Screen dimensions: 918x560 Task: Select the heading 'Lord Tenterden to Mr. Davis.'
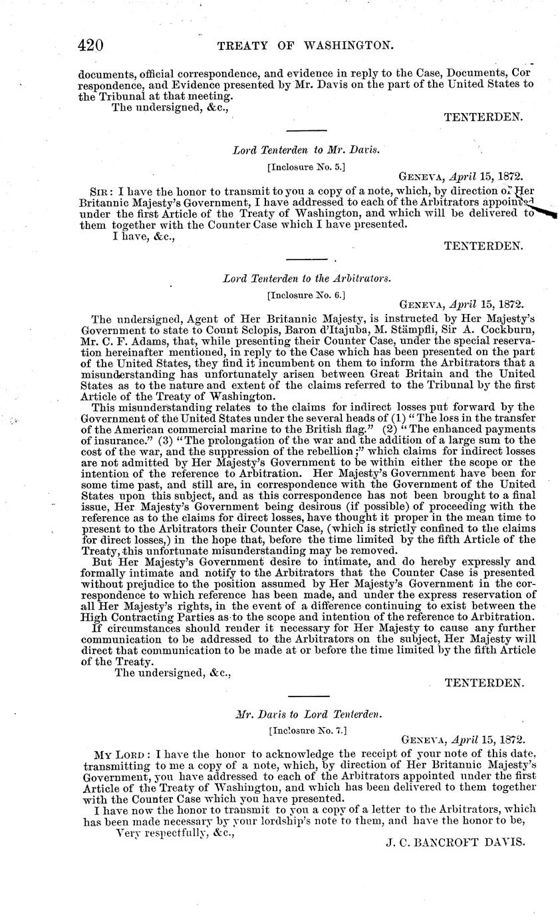coord(306,150)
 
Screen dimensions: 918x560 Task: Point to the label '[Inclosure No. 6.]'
coord(306,293)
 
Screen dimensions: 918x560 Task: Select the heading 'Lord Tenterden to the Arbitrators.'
coord(306,279)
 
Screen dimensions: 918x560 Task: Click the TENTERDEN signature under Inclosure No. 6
coord(484,683)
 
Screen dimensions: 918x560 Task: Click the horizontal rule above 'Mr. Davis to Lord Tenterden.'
coord(306,696)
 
